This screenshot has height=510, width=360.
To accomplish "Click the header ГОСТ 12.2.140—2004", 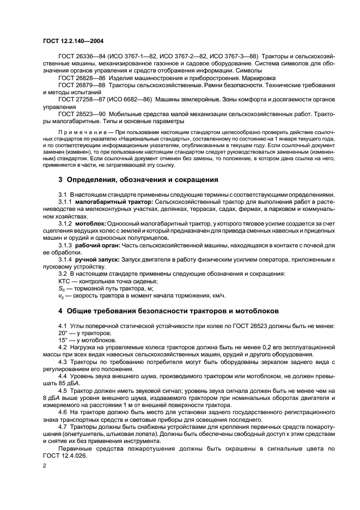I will [x=74, y=40].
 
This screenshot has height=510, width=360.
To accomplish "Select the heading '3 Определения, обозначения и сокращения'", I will [x=138, y=179].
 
